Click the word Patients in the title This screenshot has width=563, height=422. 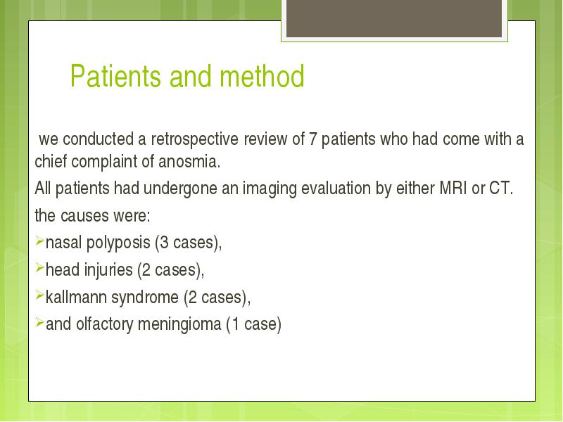[115, 76]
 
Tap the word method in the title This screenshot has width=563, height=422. [262, 76]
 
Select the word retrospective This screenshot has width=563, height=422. [194, 139]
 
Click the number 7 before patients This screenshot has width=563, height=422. [312, 139]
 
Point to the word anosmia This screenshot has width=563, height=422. [189, 162]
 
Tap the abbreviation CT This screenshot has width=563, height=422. [501, 188]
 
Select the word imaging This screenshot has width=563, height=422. [270, 188]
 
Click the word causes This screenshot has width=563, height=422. [84, 216]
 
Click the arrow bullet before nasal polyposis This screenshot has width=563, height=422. [39, 241]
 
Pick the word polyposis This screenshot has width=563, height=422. [118, 243]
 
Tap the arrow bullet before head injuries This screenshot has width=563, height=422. [39, 268]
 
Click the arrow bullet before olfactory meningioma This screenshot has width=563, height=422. [39, 322]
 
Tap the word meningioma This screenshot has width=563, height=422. [179, 324]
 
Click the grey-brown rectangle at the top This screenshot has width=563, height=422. [394, 18]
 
